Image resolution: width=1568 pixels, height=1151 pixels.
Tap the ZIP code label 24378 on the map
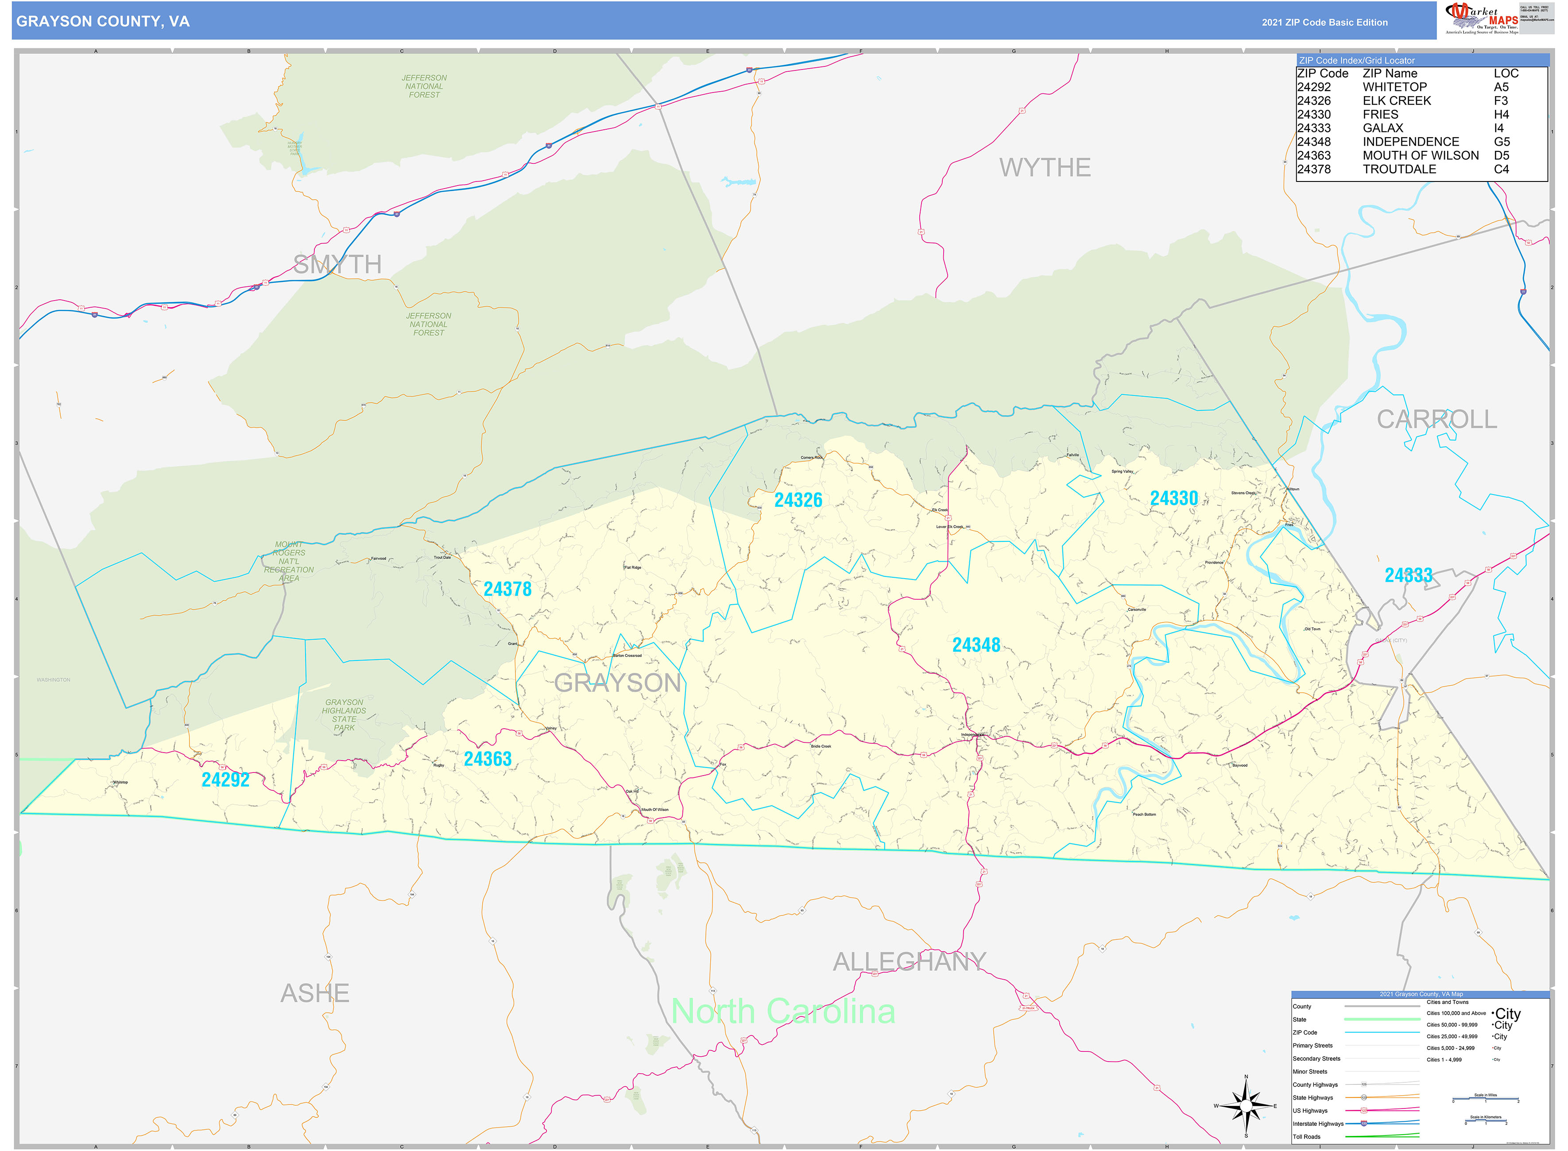[507, 589]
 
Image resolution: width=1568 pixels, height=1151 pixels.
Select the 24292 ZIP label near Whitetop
[225, 780]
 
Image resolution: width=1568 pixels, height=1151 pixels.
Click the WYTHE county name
[1044, 168]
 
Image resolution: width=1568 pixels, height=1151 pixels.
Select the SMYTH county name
[337, 265]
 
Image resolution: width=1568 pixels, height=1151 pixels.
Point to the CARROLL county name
[1436, 419]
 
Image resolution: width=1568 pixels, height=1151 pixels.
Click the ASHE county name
[314, 993]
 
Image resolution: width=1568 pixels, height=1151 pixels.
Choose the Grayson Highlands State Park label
[344, 715]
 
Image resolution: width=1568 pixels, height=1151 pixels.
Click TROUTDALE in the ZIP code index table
[1399, 169]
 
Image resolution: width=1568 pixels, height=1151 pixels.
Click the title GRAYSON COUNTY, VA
[103, 22]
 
